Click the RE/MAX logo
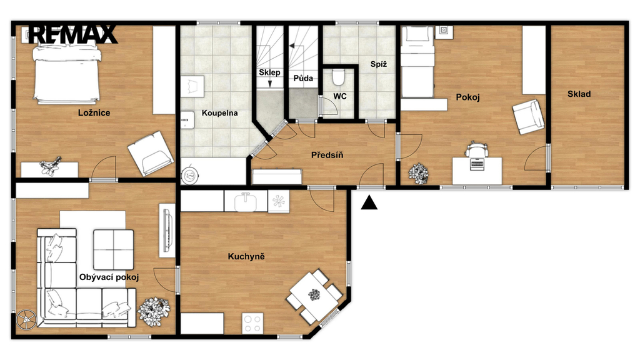coord(72,34)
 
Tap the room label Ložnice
coord(94,113)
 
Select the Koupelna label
coord(219,113)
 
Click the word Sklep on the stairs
coord(269,72)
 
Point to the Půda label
coord(303,78)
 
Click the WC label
coord(340,96)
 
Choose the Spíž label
coord(379,64)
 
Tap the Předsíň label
coord(327,155)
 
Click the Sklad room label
coord(579,94)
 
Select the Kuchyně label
coord(246,257)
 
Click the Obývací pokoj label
coord(109,277)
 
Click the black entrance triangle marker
coord(369,203)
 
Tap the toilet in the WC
coord(338,77)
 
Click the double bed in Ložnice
coord(67,74)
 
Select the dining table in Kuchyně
coord(314,296)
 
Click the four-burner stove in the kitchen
coord(252,323)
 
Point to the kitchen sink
coord(245,201)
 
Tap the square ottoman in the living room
coord(114,249)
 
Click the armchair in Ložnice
coord(151,154)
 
